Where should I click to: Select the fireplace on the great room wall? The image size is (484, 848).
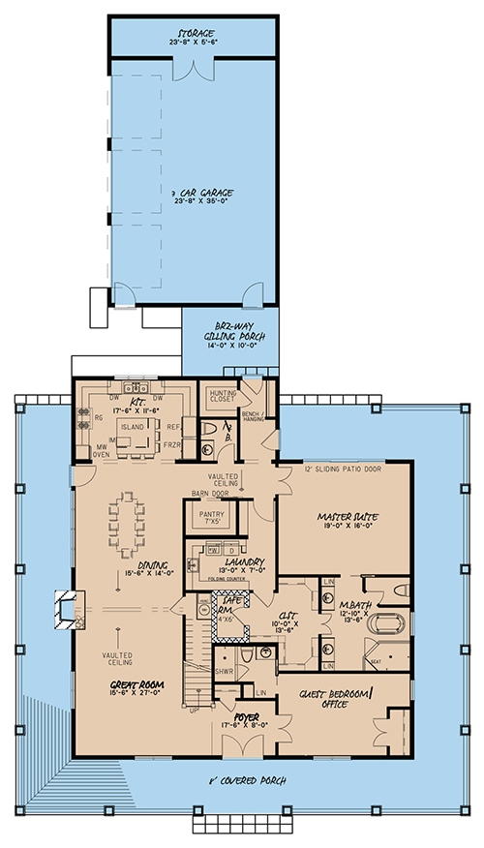pos(65,609)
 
